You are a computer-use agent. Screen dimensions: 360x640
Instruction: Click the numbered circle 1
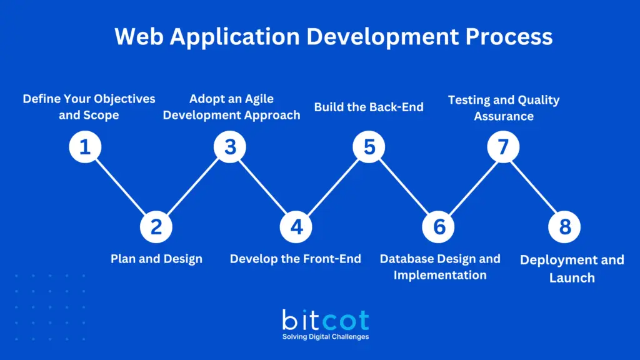85,147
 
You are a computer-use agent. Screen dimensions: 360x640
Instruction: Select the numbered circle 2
156,226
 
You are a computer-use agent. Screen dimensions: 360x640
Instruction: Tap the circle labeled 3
230,147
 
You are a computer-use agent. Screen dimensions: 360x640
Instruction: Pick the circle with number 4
296,226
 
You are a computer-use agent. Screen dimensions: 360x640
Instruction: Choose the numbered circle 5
369,147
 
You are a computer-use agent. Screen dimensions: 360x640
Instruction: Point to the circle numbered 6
439,226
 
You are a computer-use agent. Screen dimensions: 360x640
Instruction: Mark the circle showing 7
503,147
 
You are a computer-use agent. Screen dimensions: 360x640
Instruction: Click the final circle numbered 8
564,226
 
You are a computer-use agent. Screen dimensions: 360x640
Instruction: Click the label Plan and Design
156,259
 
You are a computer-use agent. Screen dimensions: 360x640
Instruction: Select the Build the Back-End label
369,107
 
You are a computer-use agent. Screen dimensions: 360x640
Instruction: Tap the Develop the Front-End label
295,259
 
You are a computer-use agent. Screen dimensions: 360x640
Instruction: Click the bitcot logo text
325,320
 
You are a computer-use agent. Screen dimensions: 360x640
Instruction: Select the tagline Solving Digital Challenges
325,337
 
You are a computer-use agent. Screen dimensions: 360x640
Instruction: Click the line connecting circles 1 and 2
120,186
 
